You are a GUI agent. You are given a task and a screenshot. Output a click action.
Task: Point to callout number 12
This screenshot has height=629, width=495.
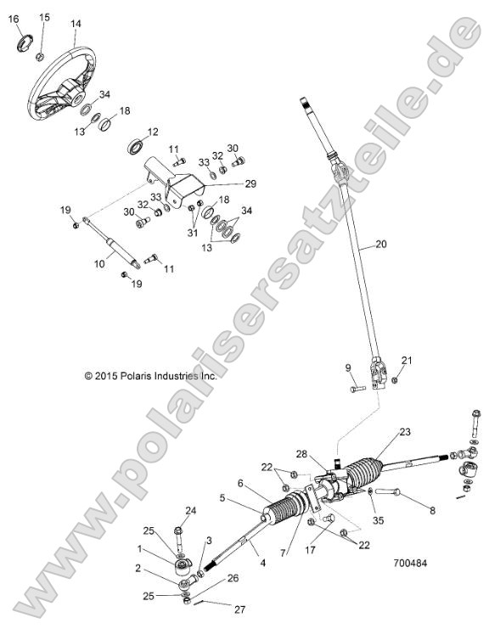(x=153, y=132)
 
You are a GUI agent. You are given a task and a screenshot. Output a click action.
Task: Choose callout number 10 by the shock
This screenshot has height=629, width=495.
(x=98, y=264)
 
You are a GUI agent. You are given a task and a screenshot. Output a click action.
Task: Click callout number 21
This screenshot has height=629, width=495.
(x=406, y=361)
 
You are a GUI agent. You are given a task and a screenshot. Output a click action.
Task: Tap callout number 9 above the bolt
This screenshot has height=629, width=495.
(x=347, y=368)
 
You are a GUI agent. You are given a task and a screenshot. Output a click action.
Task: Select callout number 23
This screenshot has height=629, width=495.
(x=405, y=432)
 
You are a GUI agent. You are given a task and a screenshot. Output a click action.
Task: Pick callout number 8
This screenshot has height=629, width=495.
(x=432, y=510)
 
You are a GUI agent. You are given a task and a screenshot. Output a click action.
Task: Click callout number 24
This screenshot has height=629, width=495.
(x=191, y=510)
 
